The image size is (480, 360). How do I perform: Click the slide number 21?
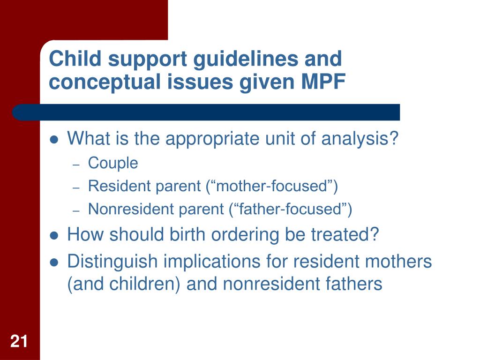[x=19, y=341]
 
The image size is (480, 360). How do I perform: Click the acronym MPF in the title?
[x=323, y=82]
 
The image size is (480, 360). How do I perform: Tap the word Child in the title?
[x=75, y=58]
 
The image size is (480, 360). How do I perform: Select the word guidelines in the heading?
[x=246, y=60]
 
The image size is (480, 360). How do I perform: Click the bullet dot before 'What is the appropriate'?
[x=54, y=140]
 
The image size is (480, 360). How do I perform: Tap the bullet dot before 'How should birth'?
[x=54, y=236]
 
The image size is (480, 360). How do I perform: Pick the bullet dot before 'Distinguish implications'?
[x=54, y=262]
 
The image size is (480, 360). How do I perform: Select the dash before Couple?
[x=76, y=165]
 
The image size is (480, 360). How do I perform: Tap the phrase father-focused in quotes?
[x=290, y=209]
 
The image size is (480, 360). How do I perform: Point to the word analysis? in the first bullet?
[x=360, y=139]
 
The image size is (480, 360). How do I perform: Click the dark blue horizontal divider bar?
[x=206, y=112]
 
